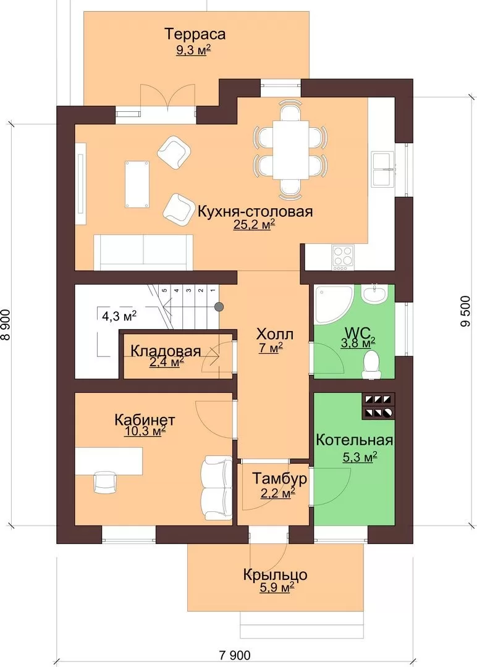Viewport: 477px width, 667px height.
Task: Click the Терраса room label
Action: [x=195, y=33]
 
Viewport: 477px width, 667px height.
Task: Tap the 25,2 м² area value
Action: [x=253, y=225]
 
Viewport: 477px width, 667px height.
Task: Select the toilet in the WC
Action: [x=373, y=364]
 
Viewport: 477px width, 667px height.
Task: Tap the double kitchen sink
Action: [x=384, y=169]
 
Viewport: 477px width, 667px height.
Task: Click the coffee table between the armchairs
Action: [x=137, y=184]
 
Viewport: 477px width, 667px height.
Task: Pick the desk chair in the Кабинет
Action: [x=104, y=482]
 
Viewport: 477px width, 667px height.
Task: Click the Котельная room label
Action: [x=355, y=440]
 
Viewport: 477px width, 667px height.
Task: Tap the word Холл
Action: [x=276, y=334]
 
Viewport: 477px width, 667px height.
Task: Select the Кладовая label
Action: [x=166, y=351]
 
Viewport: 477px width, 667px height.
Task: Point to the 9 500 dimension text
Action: [x=466, y=311]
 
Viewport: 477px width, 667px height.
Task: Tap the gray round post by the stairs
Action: [x=219, y=306]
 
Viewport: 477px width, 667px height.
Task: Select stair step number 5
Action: [x=164, y=291]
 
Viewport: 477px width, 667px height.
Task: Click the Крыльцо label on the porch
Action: [x=276, y=575]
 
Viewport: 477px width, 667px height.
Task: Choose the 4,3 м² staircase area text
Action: [x=119, y=315]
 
